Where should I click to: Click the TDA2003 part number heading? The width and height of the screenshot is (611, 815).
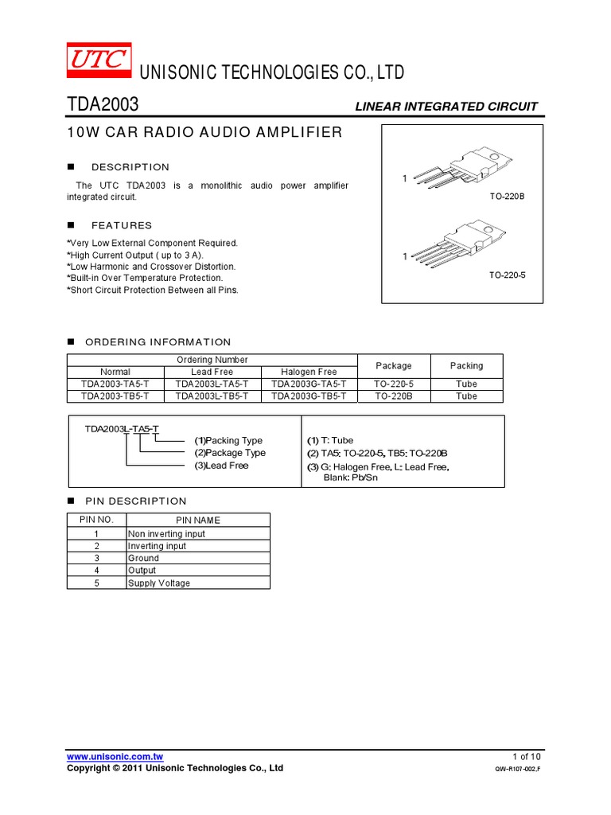(x=102, y=104)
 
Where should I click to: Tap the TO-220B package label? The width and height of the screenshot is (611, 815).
(x=507, y=195)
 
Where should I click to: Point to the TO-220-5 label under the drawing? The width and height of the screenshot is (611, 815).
(x=507, y=275)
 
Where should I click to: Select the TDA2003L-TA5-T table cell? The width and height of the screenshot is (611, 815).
(x=212, y=384)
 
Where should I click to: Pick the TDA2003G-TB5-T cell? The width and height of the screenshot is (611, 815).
(x=309, y=396)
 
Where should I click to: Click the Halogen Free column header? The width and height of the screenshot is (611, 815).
(x=309, y=372)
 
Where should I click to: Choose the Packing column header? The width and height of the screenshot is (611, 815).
(x=466, y=365)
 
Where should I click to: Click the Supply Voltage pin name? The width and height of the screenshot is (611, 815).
(x=159, y=583)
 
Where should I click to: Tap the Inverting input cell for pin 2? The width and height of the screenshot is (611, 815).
(x=157, y=546)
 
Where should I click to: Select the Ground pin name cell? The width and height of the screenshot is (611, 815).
(x=143, y=558)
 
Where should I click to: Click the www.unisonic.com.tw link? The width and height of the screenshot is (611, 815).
(x=115, y=756)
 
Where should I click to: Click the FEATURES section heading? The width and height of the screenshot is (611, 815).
(x=122, y=225)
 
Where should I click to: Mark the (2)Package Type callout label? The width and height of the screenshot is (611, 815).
(x=230, y=453)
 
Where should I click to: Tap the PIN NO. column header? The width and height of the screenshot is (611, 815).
(x=97, y=520)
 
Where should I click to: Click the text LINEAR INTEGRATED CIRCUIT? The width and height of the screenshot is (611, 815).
(x=446, y=106)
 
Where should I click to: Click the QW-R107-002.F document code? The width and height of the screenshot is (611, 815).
(x=517, y=770)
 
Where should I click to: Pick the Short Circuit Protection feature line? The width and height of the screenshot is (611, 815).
(x=153, y=290)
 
